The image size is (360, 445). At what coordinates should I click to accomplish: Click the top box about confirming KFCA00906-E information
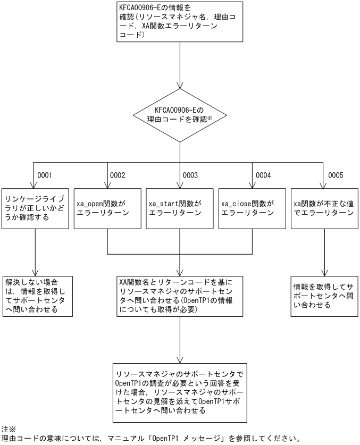point(180,22)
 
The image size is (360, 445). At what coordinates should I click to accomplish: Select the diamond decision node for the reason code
point(180,114)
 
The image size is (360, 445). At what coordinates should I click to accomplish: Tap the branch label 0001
point(45,175)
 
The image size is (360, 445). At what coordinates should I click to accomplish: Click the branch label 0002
point(117,175)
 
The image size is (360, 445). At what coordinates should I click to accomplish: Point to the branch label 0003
point(190,175)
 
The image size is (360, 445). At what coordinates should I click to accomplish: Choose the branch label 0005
point(335,175)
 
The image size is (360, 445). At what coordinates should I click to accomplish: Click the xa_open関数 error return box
point(107,208)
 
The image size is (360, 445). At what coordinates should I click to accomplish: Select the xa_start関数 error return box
point(180,208)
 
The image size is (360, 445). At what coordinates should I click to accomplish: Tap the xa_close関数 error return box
point(252,208)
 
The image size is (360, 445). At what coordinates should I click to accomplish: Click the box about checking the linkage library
point(35,208)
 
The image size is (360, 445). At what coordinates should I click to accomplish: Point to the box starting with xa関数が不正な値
point(324,208)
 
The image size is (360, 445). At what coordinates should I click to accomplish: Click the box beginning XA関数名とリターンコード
point(180,296)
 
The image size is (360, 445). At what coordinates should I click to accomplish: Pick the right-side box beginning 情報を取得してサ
point(324,296)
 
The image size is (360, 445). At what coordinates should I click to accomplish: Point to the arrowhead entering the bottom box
point(180,359)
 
